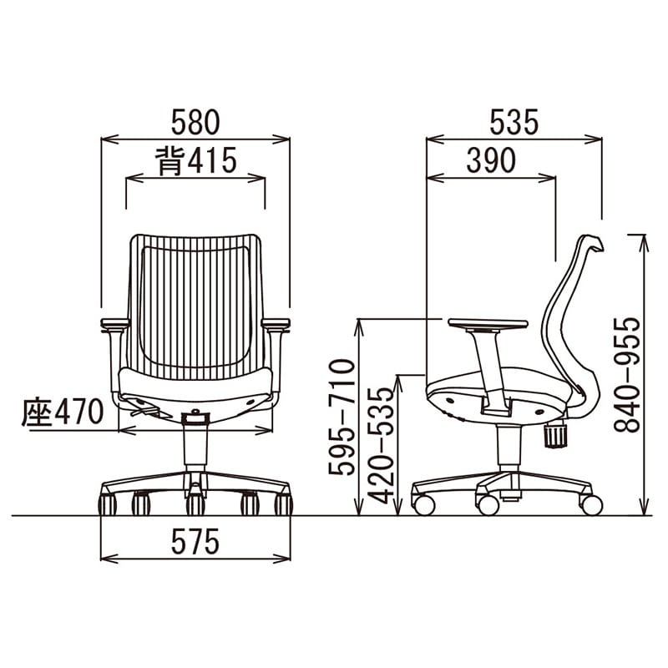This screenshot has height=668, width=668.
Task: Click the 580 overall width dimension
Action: click(195, 122)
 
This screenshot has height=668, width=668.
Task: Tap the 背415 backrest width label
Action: click(195, 161)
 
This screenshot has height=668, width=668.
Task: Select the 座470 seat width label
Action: click(63, 412)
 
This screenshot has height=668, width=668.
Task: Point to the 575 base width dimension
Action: click(195, 541)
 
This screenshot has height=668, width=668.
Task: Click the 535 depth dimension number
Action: click(514, 122)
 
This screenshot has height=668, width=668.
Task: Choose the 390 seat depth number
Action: click(491, 160)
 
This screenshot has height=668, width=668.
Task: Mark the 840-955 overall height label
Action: click(627, 375)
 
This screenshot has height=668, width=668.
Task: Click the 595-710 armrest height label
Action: click(342, 417)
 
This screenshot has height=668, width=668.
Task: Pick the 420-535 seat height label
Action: click(381, 446)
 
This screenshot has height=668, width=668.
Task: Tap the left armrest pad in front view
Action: click(114, 324)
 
